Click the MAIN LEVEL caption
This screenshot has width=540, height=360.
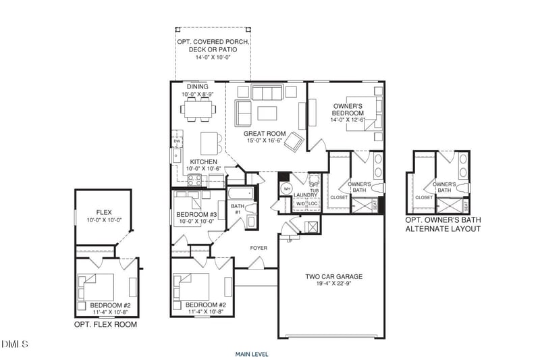(x=252, y=353)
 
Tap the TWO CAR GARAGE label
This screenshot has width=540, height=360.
(x=335, y=276)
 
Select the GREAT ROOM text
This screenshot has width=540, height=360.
(x=265, y=134)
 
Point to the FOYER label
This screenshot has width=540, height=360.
(x=259, y=248)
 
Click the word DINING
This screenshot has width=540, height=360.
(x=197, y=86)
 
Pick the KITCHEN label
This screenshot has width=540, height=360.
(x=203, y=162)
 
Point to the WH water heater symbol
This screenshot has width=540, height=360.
(x=286, y=189)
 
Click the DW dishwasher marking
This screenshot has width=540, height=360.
(x=177, y=141)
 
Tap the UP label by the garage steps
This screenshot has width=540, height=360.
(x=290, y=240)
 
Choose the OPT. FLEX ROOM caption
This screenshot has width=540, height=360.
(x=105, y=325)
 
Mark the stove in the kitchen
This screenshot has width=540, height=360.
(x=195, y=180)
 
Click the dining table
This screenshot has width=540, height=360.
(x=197, y=107)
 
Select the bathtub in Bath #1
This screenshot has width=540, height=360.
(x=242, y=195)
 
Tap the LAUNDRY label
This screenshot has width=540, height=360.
(x=305, y=195)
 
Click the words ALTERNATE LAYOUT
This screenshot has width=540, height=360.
(x=443, y=230)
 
